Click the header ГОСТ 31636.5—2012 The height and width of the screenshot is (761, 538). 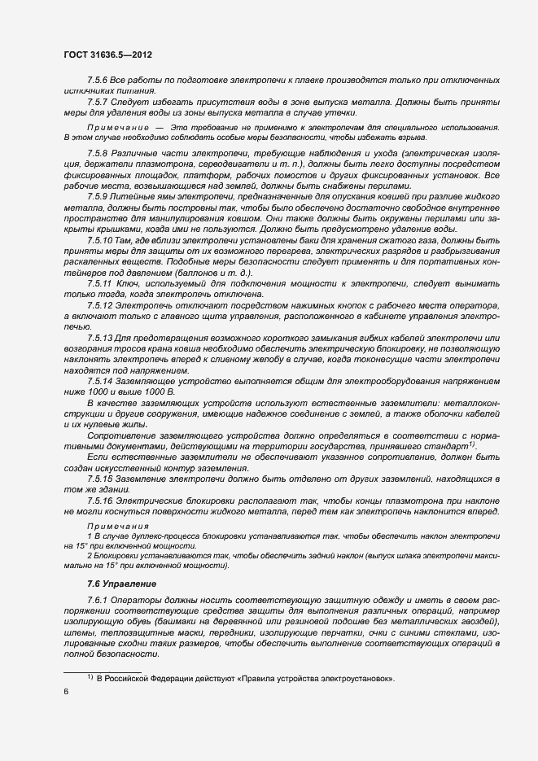click(x=107, y=55)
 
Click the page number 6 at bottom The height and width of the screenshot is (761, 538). click(x=66, y=691)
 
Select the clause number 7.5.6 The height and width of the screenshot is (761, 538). click(x=98, y=83)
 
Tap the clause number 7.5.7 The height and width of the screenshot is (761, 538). click(x=98, y=102)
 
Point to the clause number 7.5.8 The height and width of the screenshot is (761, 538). click(x=98, y=154)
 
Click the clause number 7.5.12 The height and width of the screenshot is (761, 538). click(x=100, y=304)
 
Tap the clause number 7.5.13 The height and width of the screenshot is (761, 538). click(x=100, y=338)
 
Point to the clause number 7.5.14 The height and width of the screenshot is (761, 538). click(x=100, y=381)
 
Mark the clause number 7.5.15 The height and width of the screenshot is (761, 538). click(x=100, y=479)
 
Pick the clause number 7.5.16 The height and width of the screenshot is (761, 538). click(x=100, y=500)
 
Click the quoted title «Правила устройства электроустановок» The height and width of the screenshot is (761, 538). click(x=317, y=678)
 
